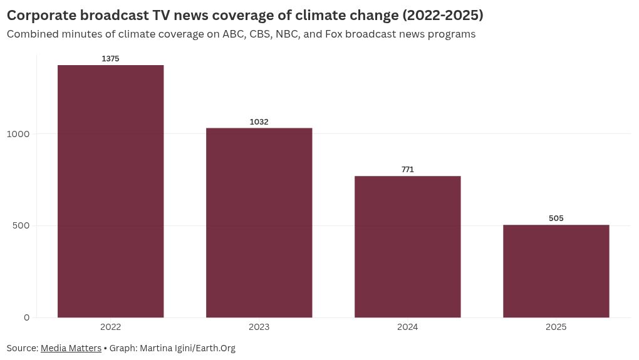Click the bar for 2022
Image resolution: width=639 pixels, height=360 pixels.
pyautogui.click(x=110, y=191)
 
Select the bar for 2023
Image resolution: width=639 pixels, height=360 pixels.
pyautogui.click(x=259, y=222)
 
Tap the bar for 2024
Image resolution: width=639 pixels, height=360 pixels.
pyautogui.click(x=407, y=247)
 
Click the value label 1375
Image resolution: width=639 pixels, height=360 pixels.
pyautogui.click(x=110, y=59)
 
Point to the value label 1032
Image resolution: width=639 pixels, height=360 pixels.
pyautogui.click(x=259, y=122)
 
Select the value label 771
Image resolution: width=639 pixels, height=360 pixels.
pyautogui.click(x=407, y=170)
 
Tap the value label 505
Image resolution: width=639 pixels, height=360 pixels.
pyautogui.click(x=556, y=219)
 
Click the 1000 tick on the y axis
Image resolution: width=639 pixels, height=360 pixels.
pyautogui.click(x=19, y=134)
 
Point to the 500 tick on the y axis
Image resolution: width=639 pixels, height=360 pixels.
pyautogui.click(x=21, y=225)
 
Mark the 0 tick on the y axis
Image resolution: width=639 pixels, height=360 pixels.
pyautogui.click(x=27, y=317)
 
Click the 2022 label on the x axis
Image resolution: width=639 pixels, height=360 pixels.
pyautogui.click(x=110, y=327)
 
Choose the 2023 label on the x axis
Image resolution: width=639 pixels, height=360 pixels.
pyautogui.click(x=259, y=327)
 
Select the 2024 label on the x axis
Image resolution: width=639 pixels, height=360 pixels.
pyautogui.click(x=407, y=327)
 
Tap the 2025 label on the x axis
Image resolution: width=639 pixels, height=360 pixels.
pyautogui.click(x=556, y=327)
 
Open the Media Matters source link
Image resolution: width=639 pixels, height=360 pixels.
pyautogui.click(x=71, y=348)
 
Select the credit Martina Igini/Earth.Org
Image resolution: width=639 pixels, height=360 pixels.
pyautogui.click(x=187, y=348)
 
